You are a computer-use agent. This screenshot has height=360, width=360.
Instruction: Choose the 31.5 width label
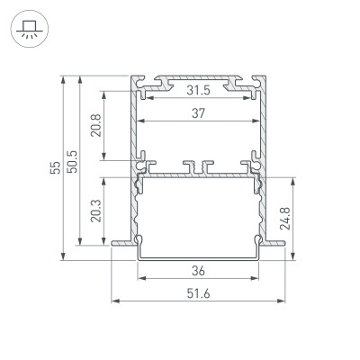click(199, 91)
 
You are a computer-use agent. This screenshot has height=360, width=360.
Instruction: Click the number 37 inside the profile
click(199, 113)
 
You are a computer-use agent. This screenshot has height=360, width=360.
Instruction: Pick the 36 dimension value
click(199, 270)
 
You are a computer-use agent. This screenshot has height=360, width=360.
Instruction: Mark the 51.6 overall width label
click(199, 292)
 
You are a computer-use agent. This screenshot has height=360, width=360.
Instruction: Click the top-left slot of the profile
click(154, 83)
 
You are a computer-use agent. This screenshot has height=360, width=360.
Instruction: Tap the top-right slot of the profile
click(244, 83)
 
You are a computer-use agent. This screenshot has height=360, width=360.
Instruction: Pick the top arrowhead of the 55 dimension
click(62, 77)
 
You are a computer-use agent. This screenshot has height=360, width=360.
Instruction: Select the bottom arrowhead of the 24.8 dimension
click(293, 260)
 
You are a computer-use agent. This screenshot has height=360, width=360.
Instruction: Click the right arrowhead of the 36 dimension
click(258, 278)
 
